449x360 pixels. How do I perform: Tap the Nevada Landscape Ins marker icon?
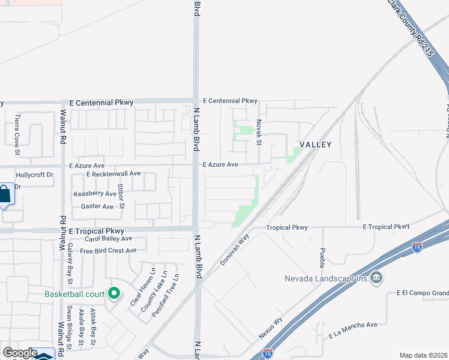click(376, 278)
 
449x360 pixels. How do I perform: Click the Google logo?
click(20, 353)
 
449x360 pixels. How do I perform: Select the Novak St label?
click(259, 131)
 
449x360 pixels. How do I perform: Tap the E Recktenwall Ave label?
click(113, 173)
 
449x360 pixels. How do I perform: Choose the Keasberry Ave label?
click(95, 194)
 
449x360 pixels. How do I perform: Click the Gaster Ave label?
click(97, 206)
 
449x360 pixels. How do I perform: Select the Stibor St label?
click(121, 196)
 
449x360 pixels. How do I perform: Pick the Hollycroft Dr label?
click(35, 175)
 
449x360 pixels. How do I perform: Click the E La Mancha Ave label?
click(353, 325)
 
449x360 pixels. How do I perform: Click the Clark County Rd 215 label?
click(411, 28)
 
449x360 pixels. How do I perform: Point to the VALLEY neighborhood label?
click(315, 145)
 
